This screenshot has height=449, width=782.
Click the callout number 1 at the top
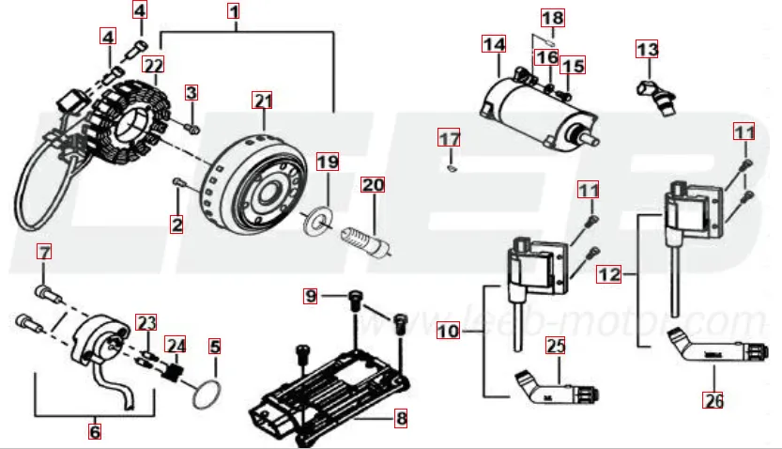pos(234,12)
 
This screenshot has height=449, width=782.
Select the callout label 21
pos(263,101)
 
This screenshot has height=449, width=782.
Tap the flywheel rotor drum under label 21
pos(253,178)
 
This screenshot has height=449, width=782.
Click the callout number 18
pos(553,18)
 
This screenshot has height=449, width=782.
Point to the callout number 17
pos(450,139)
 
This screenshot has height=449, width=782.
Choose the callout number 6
pos(95,431)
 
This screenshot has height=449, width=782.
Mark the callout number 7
pos(44,251)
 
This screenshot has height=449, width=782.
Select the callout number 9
pos(312,296)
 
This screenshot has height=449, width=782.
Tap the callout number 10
pos(448,331)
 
